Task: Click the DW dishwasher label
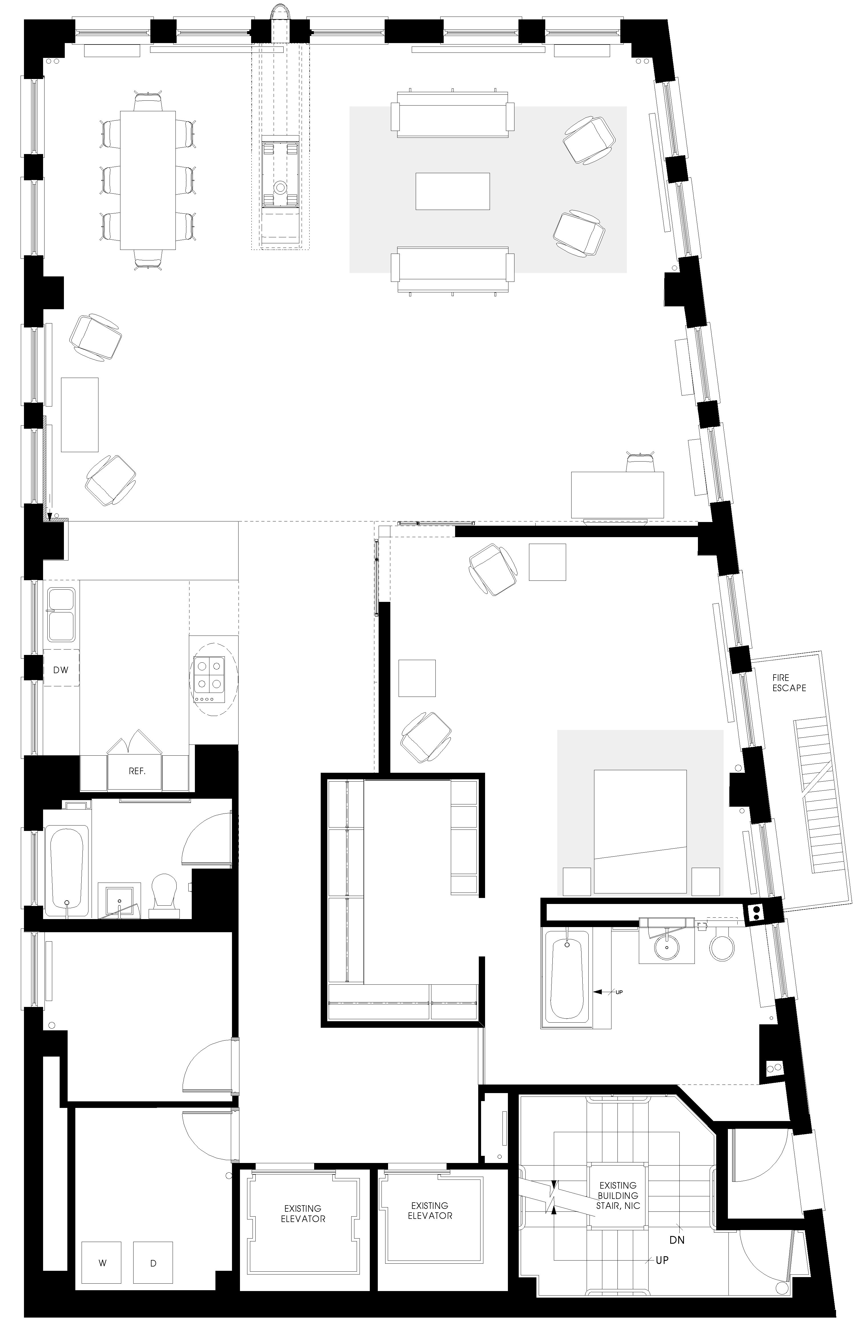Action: pyautogui.click(x=60, y=670)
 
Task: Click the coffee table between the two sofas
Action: pyautogui.click(x=453, y=191)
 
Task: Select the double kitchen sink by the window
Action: pyautogui.click(x=61, y=614)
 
